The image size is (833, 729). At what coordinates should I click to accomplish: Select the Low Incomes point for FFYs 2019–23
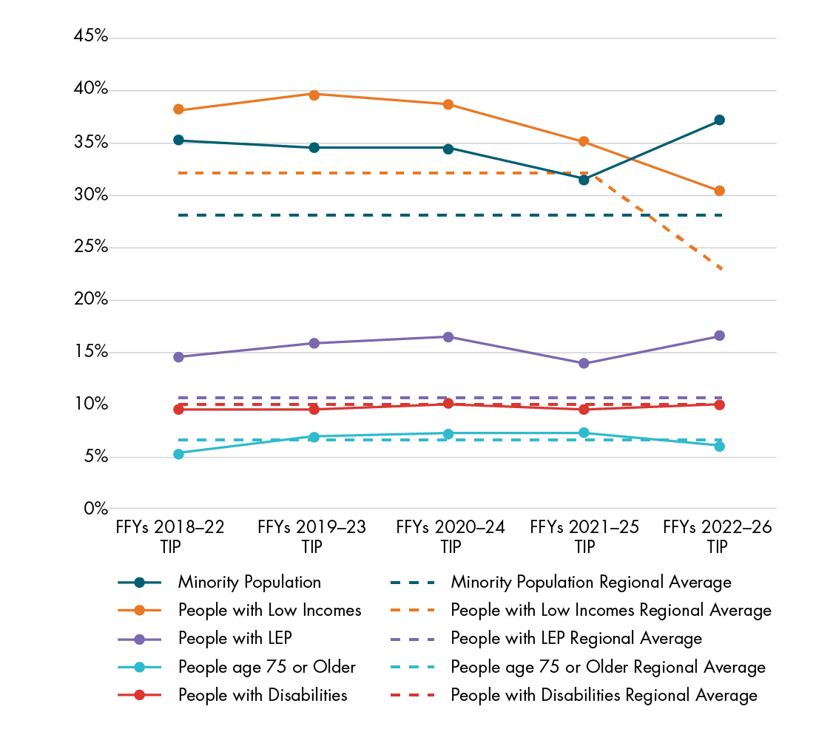(314, 95)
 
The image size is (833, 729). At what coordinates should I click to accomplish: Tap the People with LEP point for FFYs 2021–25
(584, 364)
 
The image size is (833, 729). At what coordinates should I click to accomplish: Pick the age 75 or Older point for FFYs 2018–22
(178, 454)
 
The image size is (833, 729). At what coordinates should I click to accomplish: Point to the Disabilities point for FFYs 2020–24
(448, 404)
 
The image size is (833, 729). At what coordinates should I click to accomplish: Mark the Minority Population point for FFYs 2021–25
(584, 180)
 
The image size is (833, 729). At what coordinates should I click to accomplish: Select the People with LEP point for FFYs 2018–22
(178, 357)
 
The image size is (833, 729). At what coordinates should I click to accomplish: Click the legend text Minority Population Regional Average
(591, 582)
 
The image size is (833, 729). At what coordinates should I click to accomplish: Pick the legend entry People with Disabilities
(262, 695)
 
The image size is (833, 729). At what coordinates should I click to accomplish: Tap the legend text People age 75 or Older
(266, 667)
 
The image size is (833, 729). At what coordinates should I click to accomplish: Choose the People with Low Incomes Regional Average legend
(611, 610)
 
